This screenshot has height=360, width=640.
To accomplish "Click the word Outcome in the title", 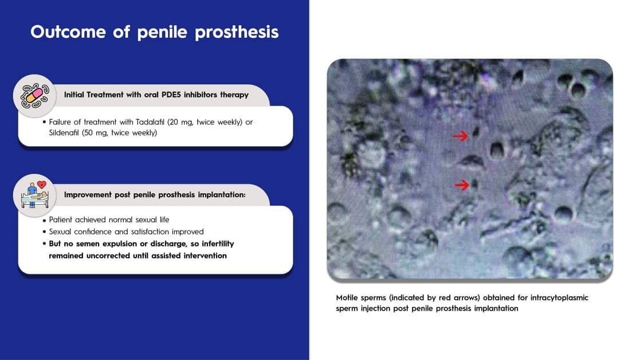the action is click(x=68, y=32).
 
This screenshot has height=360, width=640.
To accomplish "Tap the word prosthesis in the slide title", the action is click(x=237, y=33).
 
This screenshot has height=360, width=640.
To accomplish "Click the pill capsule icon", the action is click(x=35, y=96).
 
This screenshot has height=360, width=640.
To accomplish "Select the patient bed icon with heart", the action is click(x=35, y=195).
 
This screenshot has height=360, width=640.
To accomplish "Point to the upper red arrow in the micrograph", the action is click(x=461, y=136).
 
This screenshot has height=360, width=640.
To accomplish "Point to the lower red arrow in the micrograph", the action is click(x=462, y=185).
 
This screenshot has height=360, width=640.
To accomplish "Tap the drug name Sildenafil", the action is click(x=64, y=132).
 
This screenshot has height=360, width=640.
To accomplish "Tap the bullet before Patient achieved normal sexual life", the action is click(x=44, y=220).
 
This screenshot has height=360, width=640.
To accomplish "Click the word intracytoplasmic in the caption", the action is click(x=559, y=298).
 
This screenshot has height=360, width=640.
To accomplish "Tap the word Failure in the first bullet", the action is click(x=60, y=122).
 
